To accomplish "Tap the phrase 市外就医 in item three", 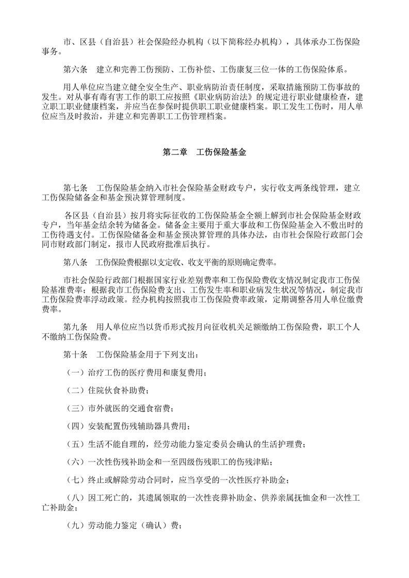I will [x=105, y=409].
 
